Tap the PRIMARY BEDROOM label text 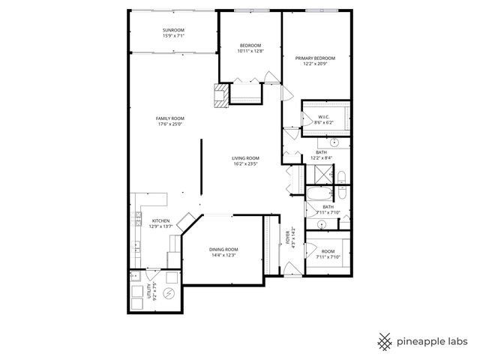click(314, 58)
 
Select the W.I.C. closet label click(324, 117)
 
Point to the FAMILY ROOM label click(170, 118)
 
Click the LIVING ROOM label click(245, 158)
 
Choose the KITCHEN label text click(161, 221)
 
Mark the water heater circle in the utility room click(169, 292)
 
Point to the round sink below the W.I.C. click(334, 142)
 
